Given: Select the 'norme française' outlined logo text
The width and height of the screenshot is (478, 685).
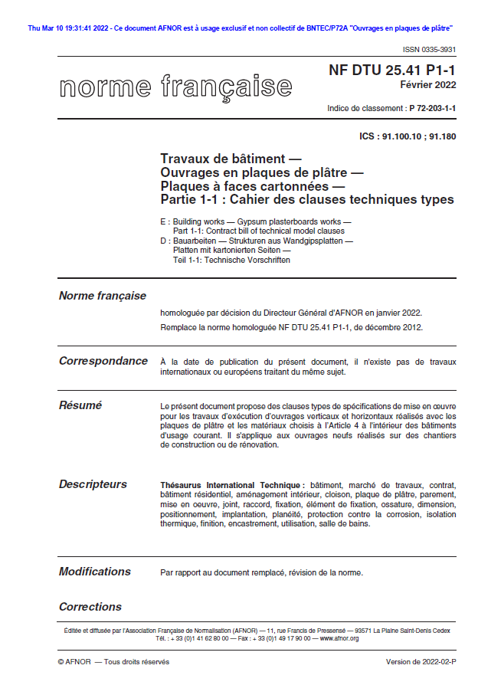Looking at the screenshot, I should [175, 86].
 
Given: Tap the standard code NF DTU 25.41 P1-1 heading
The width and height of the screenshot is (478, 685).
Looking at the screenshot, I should [392, 70].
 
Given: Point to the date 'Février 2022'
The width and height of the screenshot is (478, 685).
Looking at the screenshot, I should [430, 85].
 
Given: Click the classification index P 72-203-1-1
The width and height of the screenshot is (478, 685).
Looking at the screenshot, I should [432, 109].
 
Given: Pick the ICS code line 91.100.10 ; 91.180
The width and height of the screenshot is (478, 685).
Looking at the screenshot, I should [407, 136].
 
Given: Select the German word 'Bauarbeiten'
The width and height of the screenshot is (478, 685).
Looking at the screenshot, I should [194, 241].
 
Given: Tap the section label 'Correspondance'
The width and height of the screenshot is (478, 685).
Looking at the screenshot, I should [103, 361].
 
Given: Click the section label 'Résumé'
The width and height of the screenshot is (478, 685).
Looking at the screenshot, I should [80, 405].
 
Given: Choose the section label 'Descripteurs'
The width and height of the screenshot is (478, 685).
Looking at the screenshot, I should [93, 484].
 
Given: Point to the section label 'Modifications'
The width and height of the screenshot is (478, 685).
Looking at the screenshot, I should [95, 572].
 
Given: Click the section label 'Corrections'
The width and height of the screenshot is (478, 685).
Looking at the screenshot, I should [90, 607].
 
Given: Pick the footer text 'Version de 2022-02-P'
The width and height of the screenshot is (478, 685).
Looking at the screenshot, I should [421, 661].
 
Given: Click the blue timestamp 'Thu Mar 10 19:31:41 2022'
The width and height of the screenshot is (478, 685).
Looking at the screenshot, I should [68, 28].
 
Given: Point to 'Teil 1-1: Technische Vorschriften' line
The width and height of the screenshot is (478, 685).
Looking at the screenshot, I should [231, 260].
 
